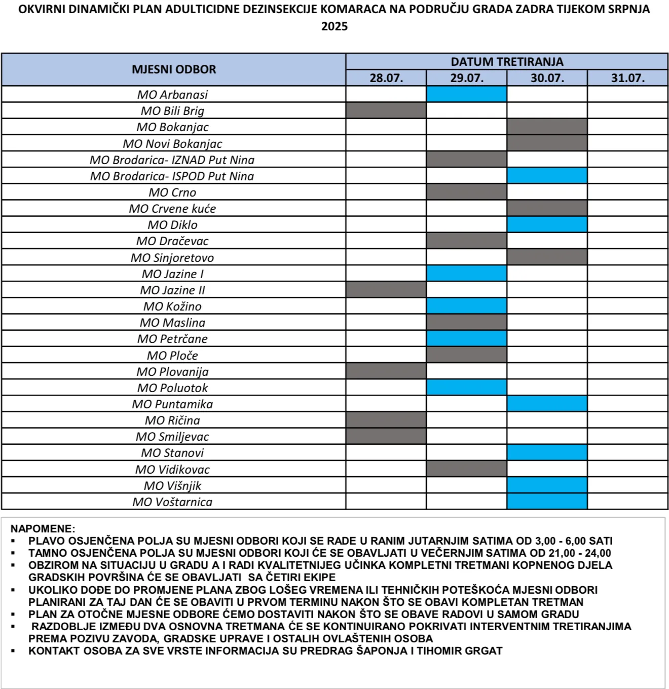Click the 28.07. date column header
point(386,78)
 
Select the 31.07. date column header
point(627,78)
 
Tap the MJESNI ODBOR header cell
point(174,69)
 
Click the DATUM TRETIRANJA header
point(507,62)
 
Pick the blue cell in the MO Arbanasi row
point(466,94)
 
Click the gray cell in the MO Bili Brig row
point(386,110)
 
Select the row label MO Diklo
point(173,224)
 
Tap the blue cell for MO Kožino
point(466,306)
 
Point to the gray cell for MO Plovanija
point(386,371)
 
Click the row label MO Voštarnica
point(173,502)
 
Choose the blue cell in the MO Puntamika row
point(547,404)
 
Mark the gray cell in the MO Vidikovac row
point(466,469)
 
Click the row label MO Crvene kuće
point(173,208)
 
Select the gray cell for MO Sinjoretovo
point(547,257)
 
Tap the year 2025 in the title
point(334,26)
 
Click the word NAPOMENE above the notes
point(43,528)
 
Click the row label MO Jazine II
point(173,290)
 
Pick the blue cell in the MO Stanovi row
point(547,452)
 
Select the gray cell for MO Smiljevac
point(386,436)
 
